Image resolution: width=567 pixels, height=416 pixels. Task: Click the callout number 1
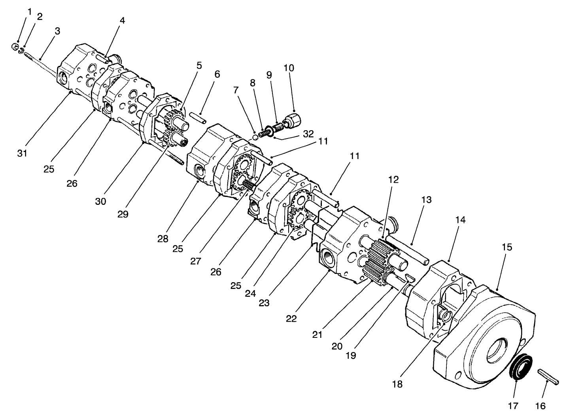pyautogui.click(x=29, y=11)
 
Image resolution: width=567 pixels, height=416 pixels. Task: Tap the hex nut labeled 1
pyautogui.click(x=15, y=47)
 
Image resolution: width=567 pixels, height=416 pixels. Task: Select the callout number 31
pyautogui.click(x=23, y=153)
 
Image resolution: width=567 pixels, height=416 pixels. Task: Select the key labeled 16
pyautogui.click(x=548, y=376)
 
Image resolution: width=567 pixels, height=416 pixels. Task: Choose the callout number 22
pyautogui.click(x=291, y=319)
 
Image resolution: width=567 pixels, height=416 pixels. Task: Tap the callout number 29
pyautogui.click(x=123, y=214)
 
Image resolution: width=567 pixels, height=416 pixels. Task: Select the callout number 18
pyautogui.click(x=398, y=384)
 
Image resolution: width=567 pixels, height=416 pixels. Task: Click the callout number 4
pyautogui.click(x=123, y=20)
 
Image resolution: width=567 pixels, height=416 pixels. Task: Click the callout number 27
pyautogui.click(x=197, y=261)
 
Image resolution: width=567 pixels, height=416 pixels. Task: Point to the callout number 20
pyautogui.click(x=337, y=346)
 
